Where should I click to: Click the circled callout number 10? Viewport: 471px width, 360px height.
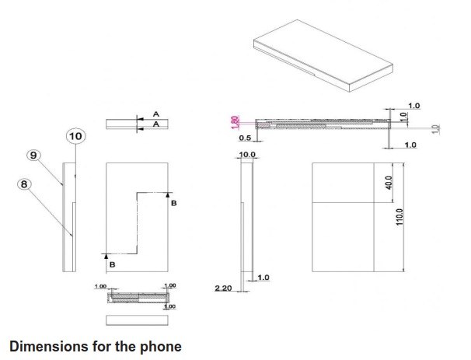[76, 136]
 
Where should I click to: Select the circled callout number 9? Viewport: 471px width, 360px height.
[33, 156]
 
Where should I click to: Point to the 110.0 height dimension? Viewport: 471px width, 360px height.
[399, 215]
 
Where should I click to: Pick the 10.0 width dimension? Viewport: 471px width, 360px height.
[247, 156]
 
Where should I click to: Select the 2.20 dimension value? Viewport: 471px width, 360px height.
[223, 288]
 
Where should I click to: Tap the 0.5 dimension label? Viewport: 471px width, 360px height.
[245, 138]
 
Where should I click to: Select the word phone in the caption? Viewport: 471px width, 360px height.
[160, 344]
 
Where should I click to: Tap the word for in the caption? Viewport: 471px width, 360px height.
[103, 344]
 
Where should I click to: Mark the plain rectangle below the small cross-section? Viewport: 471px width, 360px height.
[137, 320]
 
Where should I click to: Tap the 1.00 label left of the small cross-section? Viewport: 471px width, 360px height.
[99, 287]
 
